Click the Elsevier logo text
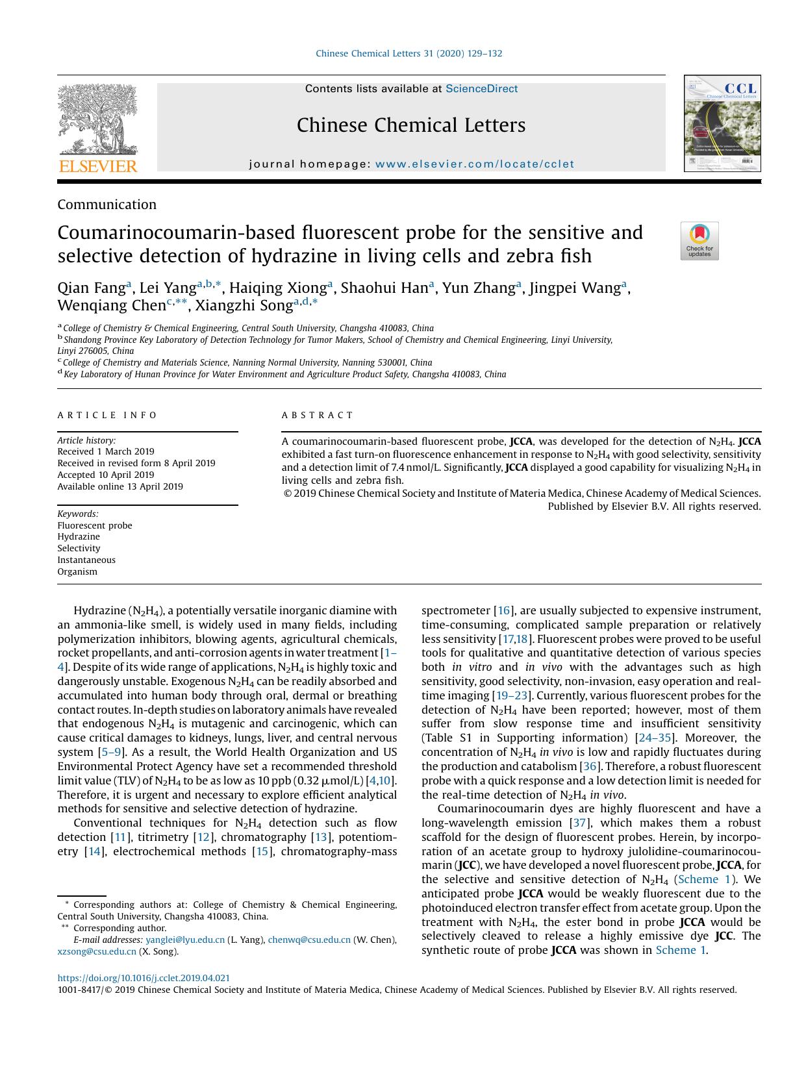(98, 166)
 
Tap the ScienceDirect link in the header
(481, 89)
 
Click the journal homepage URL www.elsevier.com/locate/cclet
(475, 164)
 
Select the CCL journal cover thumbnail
(722, 123)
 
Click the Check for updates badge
(699, 241)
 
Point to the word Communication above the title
(107, 205)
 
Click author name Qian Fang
(91, 288)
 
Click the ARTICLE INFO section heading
(108, 415)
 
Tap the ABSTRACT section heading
(318, 415)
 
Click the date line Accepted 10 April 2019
(106, 475)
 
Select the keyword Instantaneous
(86, 560)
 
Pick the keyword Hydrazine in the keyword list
(79, 536)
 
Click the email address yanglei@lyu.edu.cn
(185, 940)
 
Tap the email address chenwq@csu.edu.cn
(309, 940)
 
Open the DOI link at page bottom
(144, 978)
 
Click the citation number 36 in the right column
(589, 766)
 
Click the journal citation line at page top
(409, 54)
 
